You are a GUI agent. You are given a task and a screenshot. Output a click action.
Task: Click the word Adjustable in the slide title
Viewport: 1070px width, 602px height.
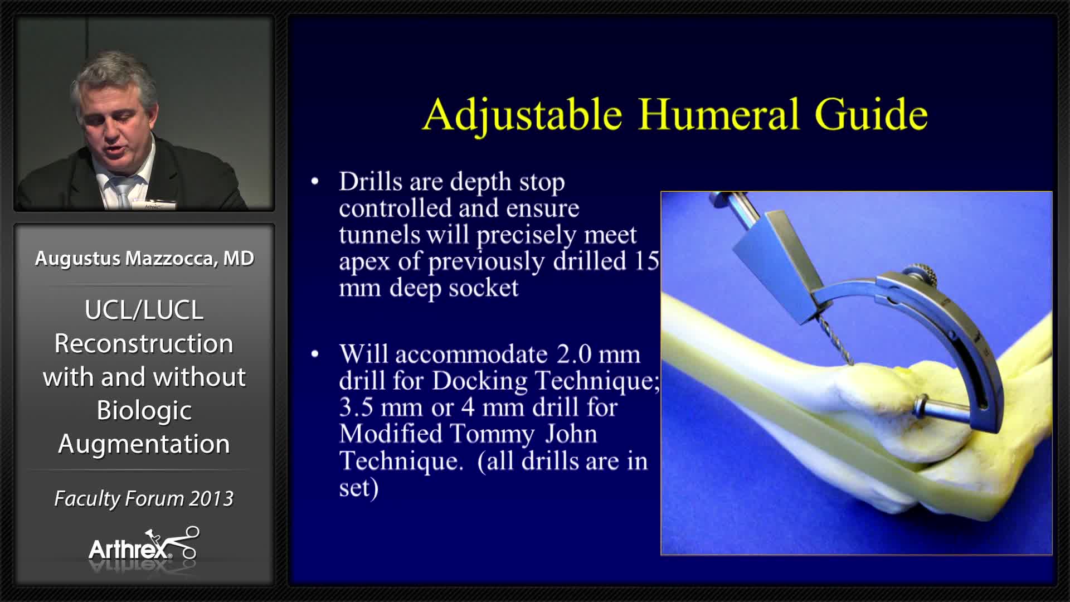point(522,115)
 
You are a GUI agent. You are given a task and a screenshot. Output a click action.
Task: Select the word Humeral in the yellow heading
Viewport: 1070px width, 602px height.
point(719,114)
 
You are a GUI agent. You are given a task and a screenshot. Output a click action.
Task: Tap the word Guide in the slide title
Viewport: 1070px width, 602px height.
point(870,115)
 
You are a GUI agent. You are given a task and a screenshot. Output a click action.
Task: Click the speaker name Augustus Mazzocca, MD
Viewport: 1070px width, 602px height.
point(144,258)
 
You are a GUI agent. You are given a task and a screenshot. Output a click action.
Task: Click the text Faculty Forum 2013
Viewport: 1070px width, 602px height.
point(144,498)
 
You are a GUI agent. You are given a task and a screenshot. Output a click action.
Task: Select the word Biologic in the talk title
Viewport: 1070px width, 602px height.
point(144,411)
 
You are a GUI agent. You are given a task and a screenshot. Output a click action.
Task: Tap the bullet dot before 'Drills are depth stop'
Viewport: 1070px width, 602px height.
point(315,182)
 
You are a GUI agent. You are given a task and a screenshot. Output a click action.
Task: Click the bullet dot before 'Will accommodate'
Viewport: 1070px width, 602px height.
point(315,355)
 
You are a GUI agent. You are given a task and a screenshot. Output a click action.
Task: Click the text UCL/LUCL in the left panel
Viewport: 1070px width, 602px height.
point(144,310)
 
